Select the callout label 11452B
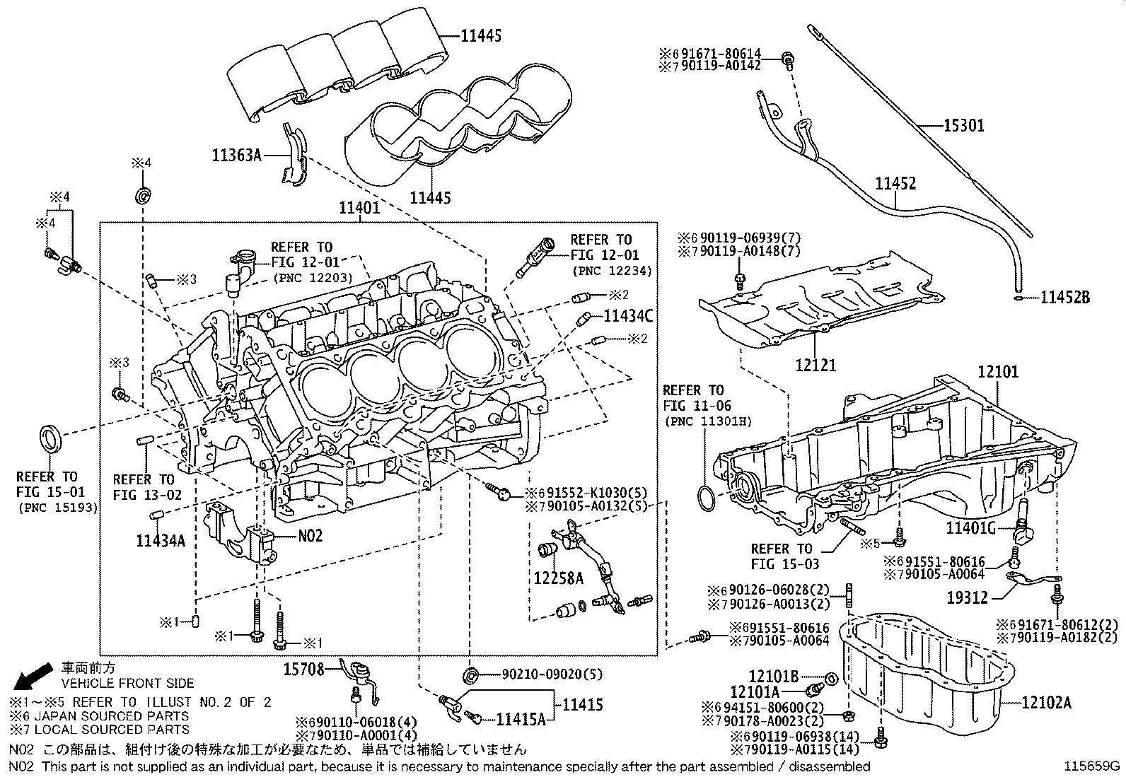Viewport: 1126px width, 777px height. pos(1064,298)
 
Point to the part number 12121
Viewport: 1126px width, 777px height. pos(816,365)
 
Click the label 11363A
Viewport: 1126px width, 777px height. pos(236,155)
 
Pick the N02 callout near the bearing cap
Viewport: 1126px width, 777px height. pos(310,536)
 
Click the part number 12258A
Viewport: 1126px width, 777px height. pos(558,578)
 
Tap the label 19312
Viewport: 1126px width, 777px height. pos(968,598)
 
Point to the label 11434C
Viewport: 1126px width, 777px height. pos(627,315)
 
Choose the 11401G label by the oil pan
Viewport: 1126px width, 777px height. pos(971,527)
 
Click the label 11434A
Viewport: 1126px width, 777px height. pos(161,541)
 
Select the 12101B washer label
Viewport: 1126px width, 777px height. pos(774,676)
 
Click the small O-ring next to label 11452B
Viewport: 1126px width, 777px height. pos(1016,298)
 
